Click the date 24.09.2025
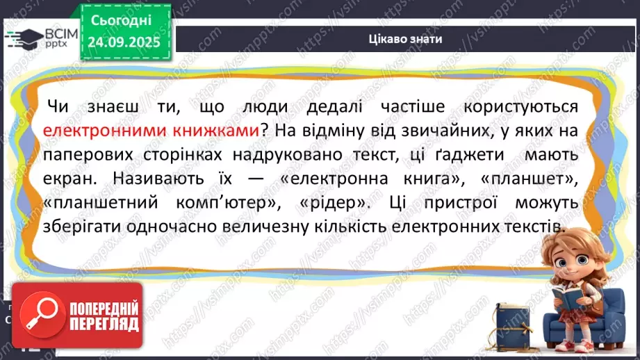coord(124,42)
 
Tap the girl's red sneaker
coord(563,345)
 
